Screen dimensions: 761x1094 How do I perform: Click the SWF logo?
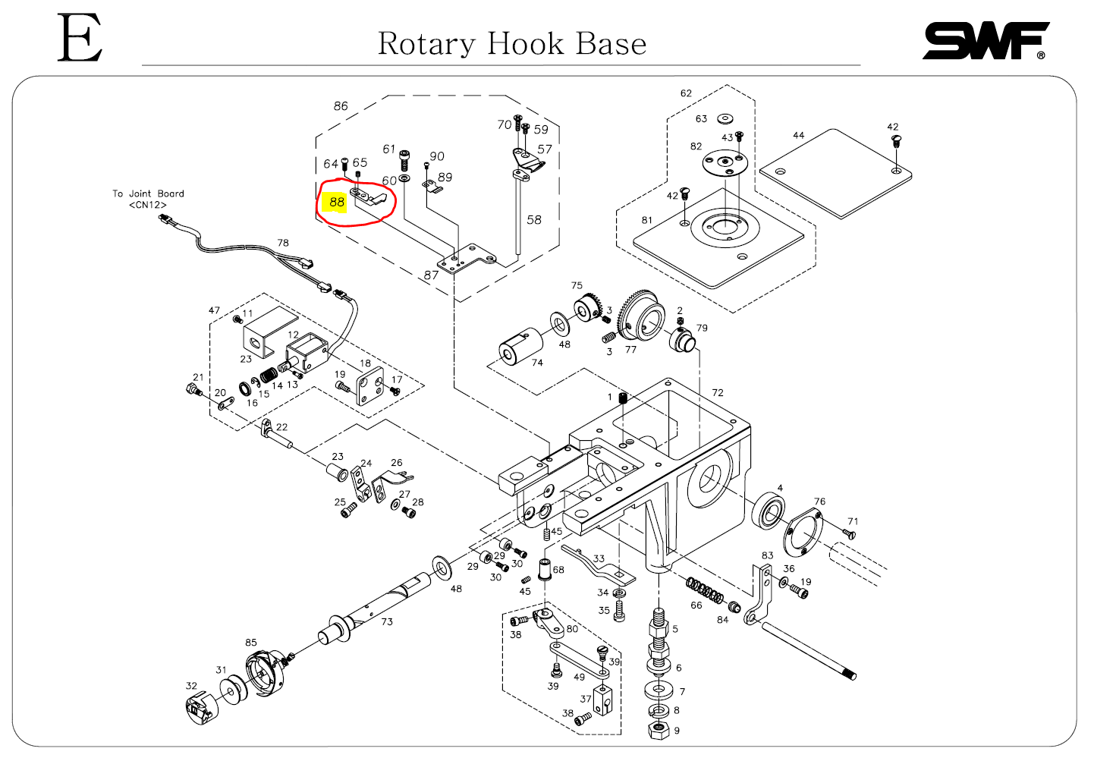point(985,41)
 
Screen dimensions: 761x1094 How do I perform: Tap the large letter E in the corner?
point(80,39)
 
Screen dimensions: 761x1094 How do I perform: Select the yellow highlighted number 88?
point(337,202)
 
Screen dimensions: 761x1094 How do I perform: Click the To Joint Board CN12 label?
point(148,199)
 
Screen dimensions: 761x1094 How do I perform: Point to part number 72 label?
point(718,393)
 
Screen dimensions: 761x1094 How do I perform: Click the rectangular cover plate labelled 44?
point(835,173)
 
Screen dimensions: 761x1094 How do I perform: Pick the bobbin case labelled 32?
point(201,709)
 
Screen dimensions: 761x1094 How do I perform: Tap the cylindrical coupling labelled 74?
point(520,347)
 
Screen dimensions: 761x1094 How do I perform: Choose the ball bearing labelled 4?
point(769,511)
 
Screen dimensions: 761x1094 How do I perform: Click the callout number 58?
point(534,219)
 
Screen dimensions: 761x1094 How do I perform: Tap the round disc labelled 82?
point(725,162)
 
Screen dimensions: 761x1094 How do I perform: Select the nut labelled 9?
point(659,731)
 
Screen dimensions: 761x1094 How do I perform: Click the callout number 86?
point(341,106)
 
